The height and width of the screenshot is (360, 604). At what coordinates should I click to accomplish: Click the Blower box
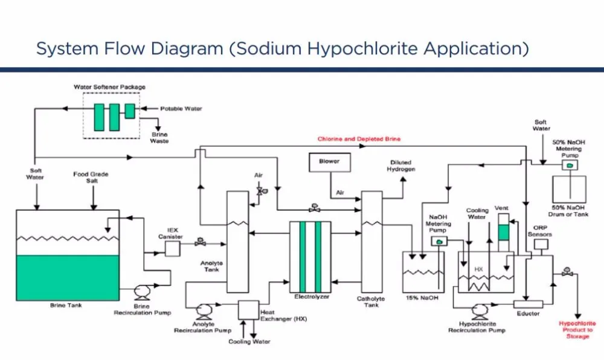pos(329,162)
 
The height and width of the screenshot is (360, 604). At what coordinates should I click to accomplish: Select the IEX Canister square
pos(173,248)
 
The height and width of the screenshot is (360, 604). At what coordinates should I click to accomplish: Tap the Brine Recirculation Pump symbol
pos(143,292)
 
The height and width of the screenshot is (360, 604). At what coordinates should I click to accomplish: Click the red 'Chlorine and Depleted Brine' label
pos(359,139)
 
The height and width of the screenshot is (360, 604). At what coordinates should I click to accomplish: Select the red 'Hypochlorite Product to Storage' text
pos(576,330)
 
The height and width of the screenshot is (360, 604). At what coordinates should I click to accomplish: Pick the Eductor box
pos(528,303)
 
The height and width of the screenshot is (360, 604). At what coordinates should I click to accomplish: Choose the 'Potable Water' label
pos(181,109)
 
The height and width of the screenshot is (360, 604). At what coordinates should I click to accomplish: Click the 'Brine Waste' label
pos(159,138)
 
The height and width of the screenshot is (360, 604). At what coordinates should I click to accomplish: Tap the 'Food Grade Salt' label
pos(91,178)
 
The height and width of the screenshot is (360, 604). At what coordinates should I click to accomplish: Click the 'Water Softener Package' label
pos(111,86)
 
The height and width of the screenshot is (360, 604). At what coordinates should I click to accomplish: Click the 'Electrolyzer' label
pos(310,297)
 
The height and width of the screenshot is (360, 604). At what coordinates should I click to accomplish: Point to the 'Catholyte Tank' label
pos(371,301)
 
